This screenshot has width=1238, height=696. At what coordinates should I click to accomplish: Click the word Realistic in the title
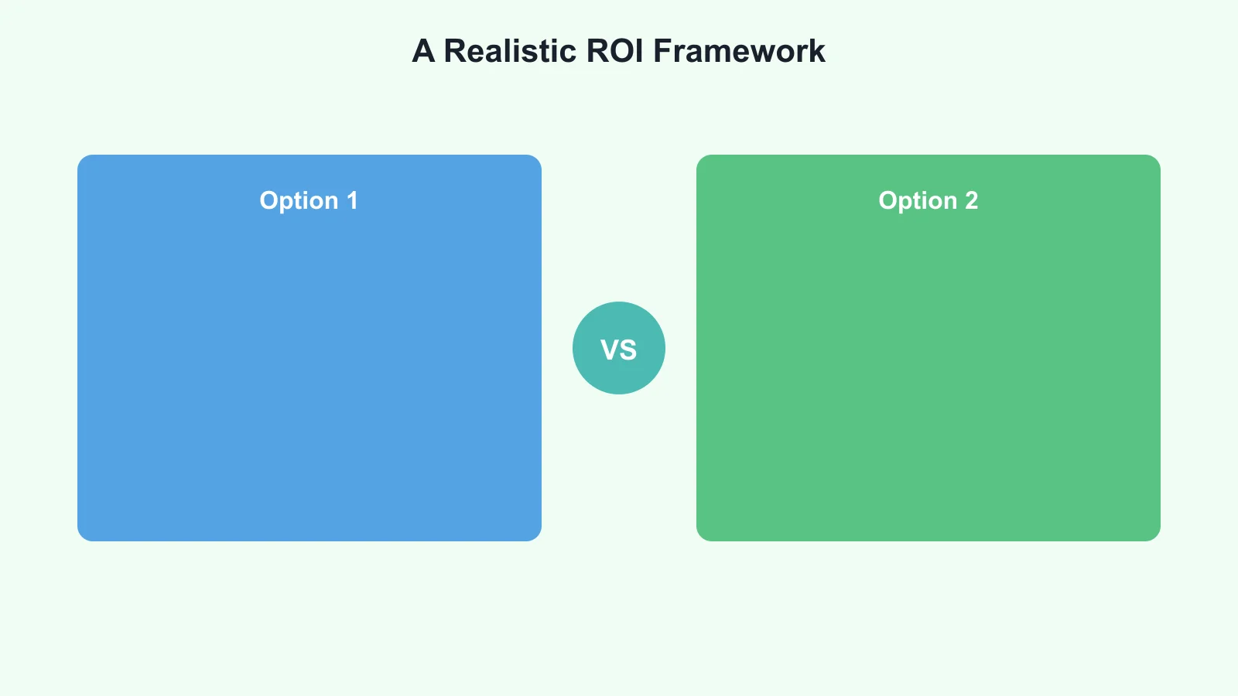pos(510,51)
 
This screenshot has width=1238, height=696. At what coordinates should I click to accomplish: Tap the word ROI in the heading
pos(615,51)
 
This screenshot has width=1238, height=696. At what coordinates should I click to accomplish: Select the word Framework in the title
pos(739,51)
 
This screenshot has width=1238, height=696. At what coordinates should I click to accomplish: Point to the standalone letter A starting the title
pos(423,51)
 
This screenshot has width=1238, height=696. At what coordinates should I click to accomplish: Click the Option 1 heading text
pos(309,201)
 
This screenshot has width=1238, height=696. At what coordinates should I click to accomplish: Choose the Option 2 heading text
pos(928,201)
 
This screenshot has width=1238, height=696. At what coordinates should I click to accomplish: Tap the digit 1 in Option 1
pos(352,201)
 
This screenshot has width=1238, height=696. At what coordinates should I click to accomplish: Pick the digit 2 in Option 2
pos(971,201)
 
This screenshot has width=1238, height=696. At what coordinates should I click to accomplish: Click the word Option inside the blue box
pos(299,201)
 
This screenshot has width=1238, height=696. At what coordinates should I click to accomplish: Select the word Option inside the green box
pos(918,201)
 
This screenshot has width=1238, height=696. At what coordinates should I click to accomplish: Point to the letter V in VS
pos(609,350)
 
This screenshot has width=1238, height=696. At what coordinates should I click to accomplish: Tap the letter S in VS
pos(628,350)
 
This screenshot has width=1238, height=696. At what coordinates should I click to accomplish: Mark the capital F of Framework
pos(662,51)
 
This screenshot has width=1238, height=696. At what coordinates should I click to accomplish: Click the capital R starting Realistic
pos(454,51)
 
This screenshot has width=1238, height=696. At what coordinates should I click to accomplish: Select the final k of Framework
pos(818,51)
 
